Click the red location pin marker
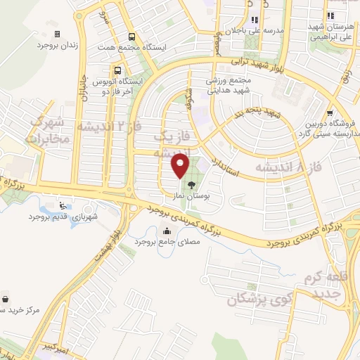point(181,166)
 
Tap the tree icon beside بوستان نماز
point(191,186)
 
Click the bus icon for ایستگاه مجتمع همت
point(131,37)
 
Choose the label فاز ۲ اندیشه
point(103,127)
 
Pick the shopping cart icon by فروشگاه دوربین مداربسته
point(330,112)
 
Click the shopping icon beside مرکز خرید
point(6,298)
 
